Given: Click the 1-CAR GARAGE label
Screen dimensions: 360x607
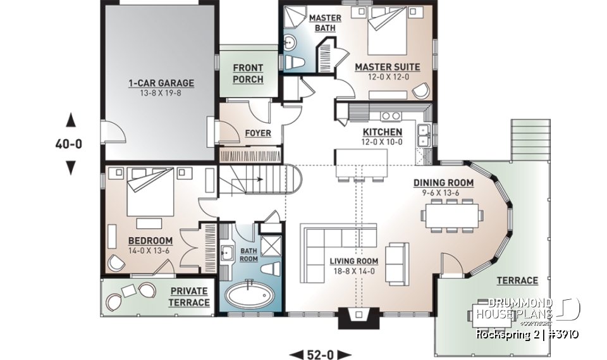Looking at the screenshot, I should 161,83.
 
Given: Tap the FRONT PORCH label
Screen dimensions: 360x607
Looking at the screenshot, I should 248,73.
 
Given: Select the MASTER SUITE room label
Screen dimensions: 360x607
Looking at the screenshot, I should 382,66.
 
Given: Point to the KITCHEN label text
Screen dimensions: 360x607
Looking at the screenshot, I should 382,132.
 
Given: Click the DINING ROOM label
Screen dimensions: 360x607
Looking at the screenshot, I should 443,183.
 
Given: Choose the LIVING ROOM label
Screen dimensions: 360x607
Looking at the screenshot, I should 353,261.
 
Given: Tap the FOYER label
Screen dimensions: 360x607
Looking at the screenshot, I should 257,133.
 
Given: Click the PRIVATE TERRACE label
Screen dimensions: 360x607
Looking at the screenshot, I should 188,297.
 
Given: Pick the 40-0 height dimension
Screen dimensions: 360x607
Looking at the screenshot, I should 68,144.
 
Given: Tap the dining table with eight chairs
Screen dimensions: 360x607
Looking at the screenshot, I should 451,213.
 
